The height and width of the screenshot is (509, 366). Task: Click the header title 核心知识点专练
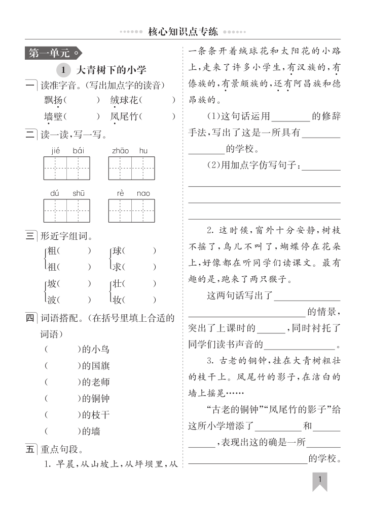(182, 32)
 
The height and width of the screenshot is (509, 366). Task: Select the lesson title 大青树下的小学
(111, 69)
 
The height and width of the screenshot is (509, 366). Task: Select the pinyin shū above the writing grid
(79, 193)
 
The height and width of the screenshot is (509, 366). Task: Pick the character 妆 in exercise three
(117, 300)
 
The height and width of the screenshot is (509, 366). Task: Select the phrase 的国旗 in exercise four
(95, 366)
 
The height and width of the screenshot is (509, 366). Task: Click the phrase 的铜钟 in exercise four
(95, 398)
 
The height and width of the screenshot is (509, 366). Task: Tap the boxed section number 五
(31, 448)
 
